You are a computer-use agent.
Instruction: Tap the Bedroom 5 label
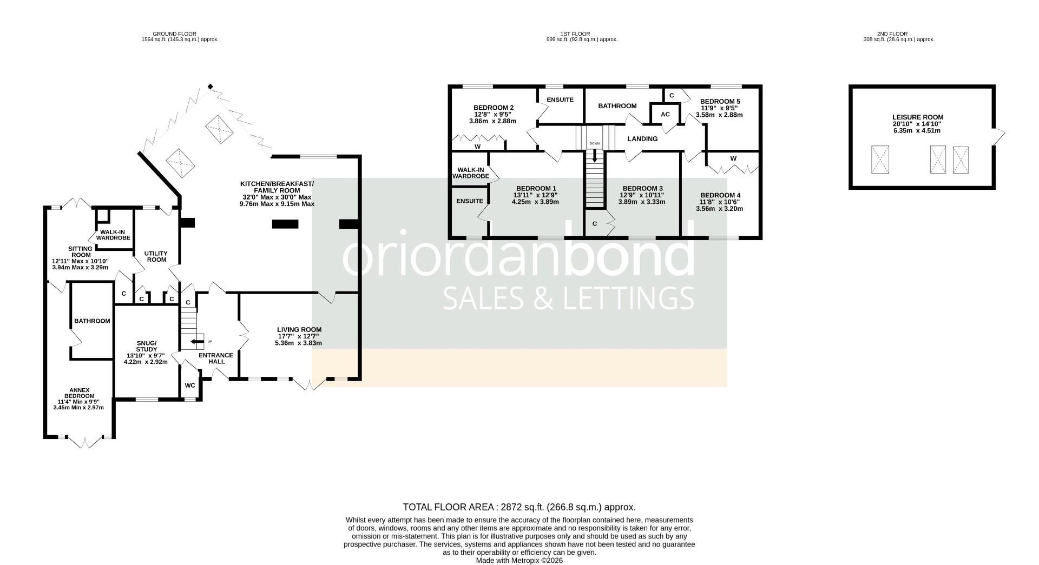pyautogui.click(x=720, y=102)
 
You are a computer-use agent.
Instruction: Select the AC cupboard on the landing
pyautogui.click(x=665, y=115)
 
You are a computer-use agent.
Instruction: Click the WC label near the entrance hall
pyautogui.click(x=190, y=385)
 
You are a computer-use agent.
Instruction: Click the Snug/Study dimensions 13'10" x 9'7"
pyautogui.click(x=146, y=355)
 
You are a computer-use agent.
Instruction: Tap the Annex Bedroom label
pyautogui.click(x=79, y=393)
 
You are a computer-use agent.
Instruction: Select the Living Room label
pyautogui.click(x=299, y=330)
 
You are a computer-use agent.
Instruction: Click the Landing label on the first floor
pyautogui.click(x=642, y=139)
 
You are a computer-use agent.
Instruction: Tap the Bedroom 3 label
pyautogui.click(x=642, y=189)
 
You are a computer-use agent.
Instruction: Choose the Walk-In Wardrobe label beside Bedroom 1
pyautogui.click(x=470, y=173)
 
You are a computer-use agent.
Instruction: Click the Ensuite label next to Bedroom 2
pyautogui.click(x=560, y=100)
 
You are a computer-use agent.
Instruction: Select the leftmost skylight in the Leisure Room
pyautogui.click(x=880, y=159)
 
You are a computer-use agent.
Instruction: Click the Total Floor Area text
pyautogui.click(x=519, y=507)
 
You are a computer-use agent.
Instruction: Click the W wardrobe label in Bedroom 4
pyautogui.click(x=733, y=159)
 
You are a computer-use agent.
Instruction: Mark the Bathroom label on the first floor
pyautogui.click(x=617, y=106)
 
